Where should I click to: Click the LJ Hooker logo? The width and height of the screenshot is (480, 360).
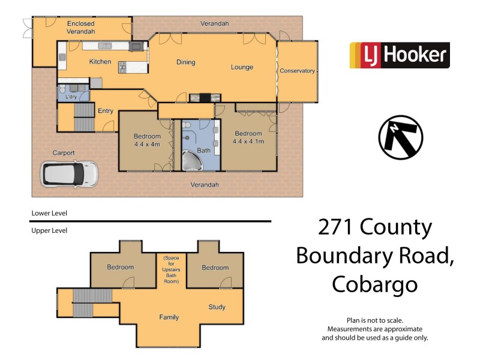pyautogui.click(x=400, y=55)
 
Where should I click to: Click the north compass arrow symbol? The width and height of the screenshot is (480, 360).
pyautogui.click(x=400, y=137)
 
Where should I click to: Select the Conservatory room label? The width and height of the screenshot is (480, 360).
pyautogui.click(x=297, y=71)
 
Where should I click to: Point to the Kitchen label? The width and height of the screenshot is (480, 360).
pyautogui.click(x=100, y=62)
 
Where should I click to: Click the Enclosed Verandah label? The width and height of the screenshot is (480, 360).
pyautogui.click(x=80, y=27)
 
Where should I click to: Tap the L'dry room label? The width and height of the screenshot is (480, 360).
pyautogui.click(x=65, y=97)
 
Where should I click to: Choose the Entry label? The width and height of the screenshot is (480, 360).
pyautogui.click(x=106, y=111)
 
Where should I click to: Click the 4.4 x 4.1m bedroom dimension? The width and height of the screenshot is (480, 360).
pyautogui.click(x=248, y=141)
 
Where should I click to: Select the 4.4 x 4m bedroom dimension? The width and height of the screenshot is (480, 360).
pyautogui.click(x=147, y=144)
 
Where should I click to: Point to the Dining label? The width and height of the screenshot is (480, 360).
pyautogui.click(x=185, y=62)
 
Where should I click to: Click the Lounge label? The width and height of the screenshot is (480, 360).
pyautogui.click(x=242, y=67)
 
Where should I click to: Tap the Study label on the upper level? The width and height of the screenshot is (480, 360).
pyautogui.click(x=217, y=307)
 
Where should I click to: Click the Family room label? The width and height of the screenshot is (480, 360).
pyautogui.click(x=169, y=317)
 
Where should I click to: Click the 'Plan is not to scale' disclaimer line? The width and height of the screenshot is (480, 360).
pyautogui.click(x=375, y=320)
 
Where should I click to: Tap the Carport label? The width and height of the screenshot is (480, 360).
pyautogui.click(x=63, y=153)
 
